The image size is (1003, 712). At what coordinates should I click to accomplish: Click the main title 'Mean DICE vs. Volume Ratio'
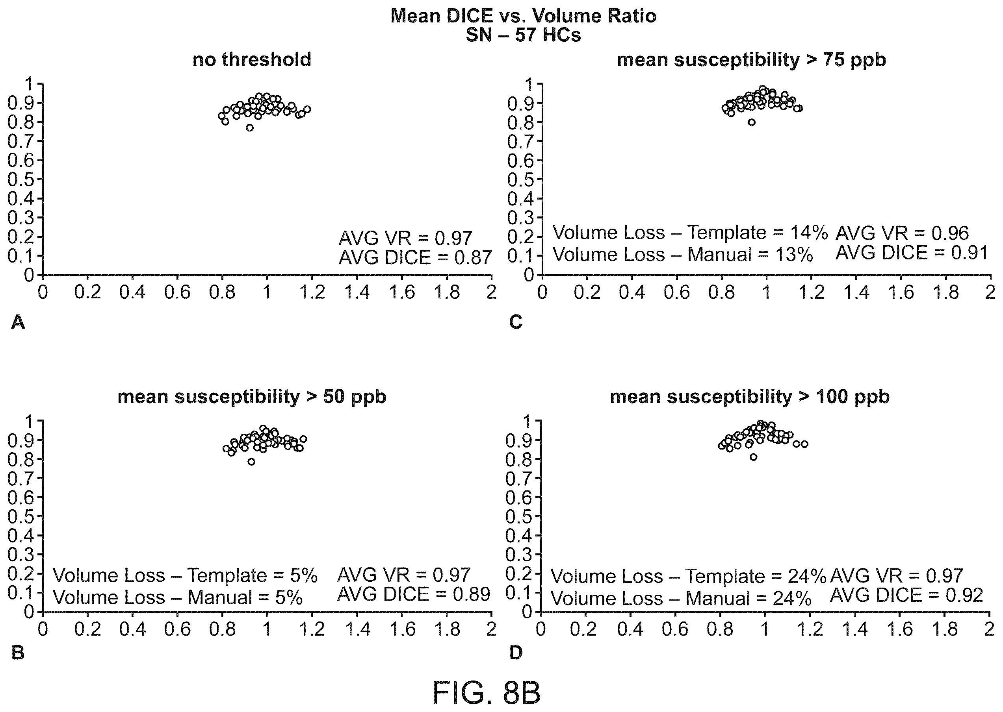click(523, 16)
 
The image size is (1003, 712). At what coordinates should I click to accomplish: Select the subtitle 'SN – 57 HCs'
click(523, 35)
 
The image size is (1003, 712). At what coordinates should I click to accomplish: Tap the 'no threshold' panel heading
click(252, 59)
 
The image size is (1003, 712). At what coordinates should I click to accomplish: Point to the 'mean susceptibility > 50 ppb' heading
click(252, 397)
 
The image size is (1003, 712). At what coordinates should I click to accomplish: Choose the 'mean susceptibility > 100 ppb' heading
click(749, 397)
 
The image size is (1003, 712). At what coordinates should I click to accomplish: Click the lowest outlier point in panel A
click(250, 128)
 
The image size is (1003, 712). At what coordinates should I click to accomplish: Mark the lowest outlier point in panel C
click(752, 122)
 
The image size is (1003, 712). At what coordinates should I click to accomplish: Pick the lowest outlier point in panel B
click(251, 462)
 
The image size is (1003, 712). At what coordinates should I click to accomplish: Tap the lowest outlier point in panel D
click(753, 457)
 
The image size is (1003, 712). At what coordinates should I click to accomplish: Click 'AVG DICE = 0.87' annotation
click(415, 258)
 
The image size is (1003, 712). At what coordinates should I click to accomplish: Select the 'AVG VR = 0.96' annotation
click(902, 234)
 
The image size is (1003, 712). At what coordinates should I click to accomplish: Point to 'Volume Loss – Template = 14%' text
click(690, 232)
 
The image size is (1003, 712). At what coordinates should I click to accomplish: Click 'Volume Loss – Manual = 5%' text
click(178, 597)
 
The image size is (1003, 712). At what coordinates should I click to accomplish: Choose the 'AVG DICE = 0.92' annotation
click(906, 595)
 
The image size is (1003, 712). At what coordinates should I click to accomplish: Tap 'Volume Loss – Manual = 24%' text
click(681, 598)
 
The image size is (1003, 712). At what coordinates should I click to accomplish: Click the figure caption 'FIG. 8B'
click(486, 693)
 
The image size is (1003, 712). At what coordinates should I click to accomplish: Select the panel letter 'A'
click(18, 322)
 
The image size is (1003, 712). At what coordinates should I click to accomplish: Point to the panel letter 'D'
click(516, 653)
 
